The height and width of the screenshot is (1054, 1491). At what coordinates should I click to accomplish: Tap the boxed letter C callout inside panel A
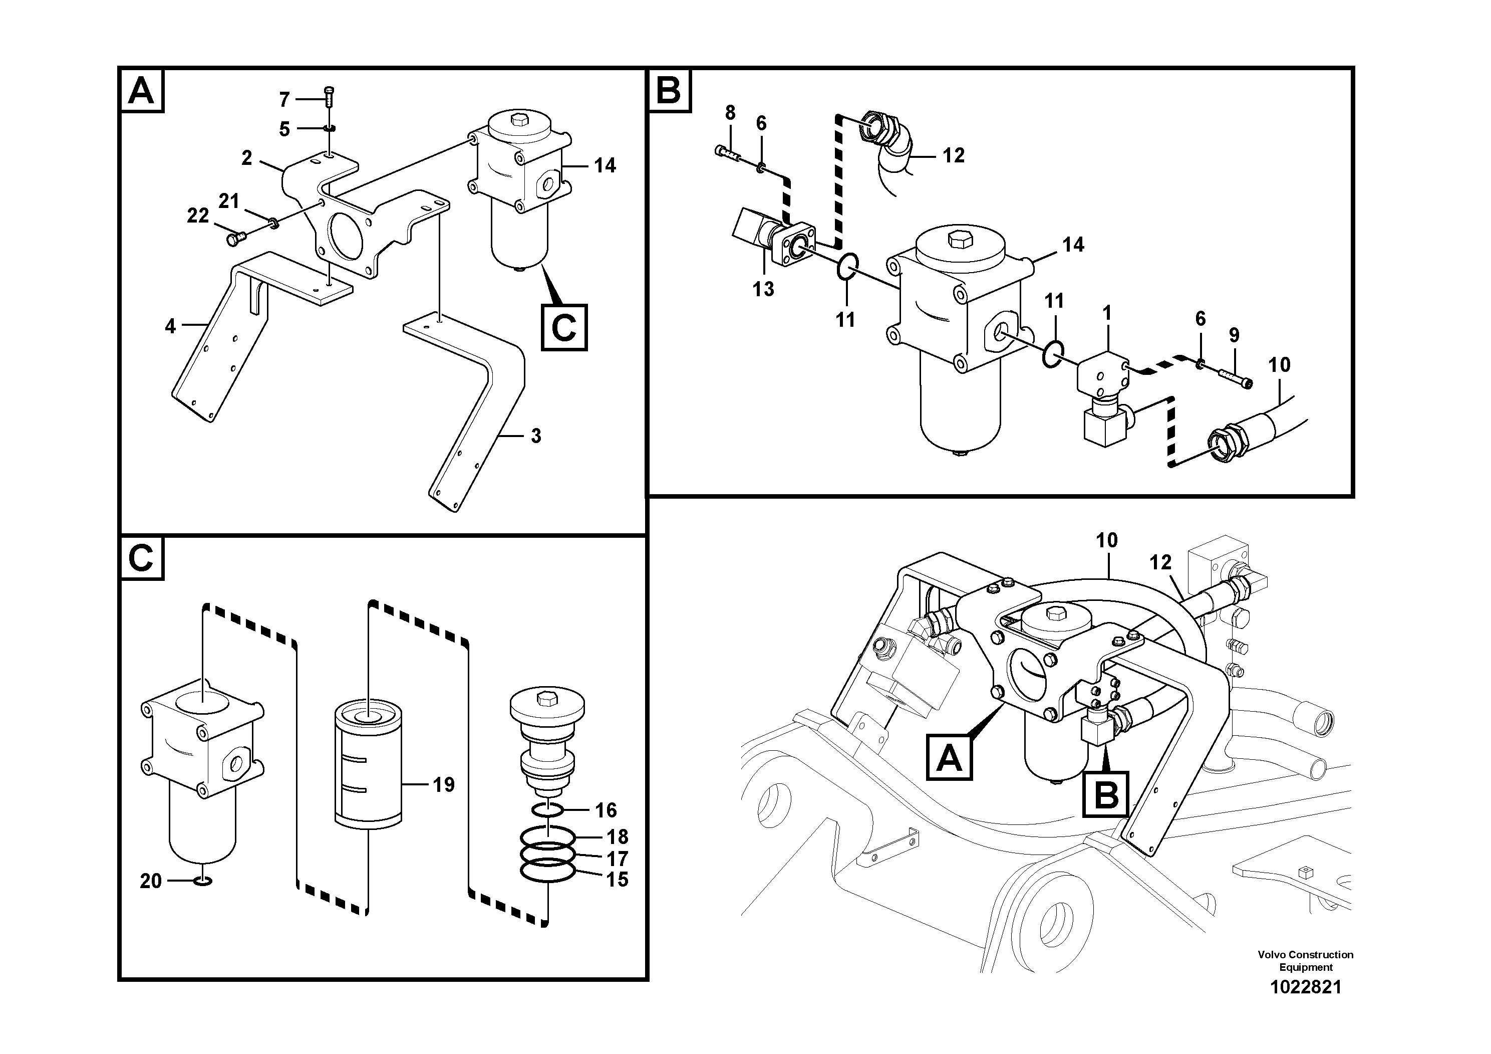click(563, 327)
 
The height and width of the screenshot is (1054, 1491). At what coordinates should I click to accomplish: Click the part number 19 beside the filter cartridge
click(444, 785)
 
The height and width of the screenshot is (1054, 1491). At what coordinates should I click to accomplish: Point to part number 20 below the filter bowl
click(151, 881)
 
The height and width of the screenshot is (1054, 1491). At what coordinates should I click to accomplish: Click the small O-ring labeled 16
click(547, 809)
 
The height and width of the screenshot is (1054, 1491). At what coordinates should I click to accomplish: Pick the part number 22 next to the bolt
click(197, 216)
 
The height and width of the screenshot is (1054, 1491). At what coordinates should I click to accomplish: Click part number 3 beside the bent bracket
click(536, 436)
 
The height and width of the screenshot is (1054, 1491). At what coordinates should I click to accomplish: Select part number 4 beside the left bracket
click(170, 326)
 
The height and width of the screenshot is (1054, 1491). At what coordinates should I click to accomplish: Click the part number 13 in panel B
click(764, 289)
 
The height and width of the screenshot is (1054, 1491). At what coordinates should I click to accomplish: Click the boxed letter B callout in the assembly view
click(1106, 794)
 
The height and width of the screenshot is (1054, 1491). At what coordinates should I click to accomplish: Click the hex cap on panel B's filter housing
click(958, 240)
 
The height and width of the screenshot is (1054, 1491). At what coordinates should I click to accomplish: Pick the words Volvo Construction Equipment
click(1305, 960)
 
